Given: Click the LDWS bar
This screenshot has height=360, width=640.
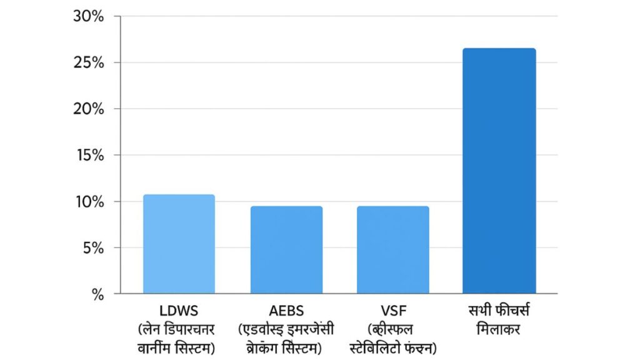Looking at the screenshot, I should tap(179, 244).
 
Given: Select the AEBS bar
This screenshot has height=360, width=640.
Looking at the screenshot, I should tap(286, 249).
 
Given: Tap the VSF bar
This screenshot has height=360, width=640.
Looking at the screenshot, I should tap(392, 249).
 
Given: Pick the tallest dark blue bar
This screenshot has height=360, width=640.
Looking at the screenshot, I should tap(499, 171).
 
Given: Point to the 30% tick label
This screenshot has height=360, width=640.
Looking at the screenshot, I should tap(88, 16).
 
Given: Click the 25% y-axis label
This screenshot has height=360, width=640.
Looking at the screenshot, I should tap(88, 62).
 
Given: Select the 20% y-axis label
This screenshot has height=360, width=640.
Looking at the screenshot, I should tap(88, 109).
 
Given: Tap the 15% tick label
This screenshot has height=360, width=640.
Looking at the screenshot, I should tap(88, 155).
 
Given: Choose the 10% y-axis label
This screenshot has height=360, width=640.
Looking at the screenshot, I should tap(88, 201).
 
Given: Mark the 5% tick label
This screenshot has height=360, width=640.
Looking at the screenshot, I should tap(91, 247).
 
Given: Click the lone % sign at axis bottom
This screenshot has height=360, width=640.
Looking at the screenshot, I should tap(97, 294).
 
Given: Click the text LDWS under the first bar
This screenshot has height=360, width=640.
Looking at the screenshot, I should tap(179, 311).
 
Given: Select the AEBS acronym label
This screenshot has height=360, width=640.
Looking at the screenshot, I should tap(286, 311).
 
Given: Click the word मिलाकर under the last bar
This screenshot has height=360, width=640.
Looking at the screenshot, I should tap(499, 329).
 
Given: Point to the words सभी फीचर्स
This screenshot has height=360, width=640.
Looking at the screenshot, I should tap(499, 311).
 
